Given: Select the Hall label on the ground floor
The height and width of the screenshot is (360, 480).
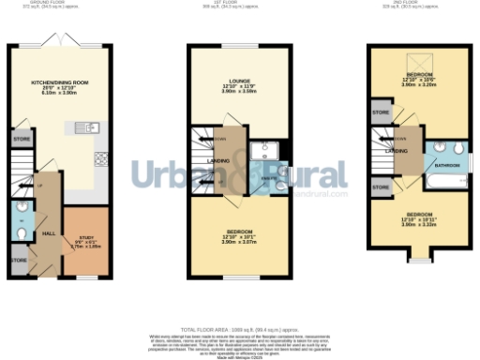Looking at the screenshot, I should pos(50,230).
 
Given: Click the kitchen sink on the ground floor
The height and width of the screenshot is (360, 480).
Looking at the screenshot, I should pos(92,127).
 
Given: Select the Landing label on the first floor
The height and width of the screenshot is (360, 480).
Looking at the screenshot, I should pos(218,160).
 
